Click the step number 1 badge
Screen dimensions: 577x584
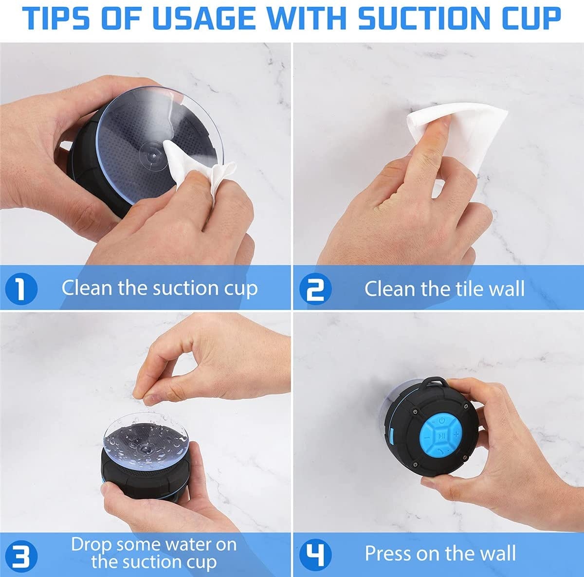pos(20,288)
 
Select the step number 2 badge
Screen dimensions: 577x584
pos(315,288)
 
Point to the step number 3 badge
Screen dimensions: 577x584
pos(20,554)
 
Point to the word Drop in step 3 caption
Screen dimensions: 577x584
pos(92,544)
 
